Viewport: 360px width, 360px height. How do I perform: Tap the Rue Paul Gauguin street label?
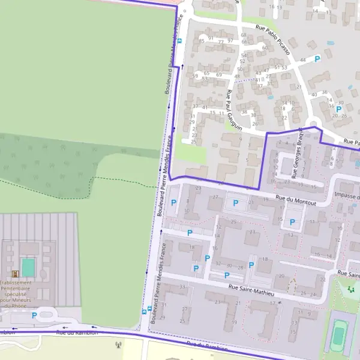tap(233, 110)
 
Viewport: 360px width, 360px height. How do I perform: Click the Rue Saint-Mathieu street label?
tap(251, 290)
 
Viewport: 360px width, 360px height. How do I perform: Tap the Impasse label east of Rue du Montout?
tap(347, 196)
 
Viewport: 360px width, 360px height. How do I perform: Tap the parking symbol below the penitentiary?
tap(34, 315)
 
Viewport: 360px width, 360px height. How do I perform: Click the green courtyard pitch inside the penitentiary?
tap(28, 267)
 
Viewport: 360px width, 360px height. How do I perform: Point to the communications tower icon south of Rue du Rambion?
tap(118, 345)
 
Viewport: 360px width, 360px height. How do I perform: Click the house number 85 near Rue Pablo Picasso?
tap(202, 40)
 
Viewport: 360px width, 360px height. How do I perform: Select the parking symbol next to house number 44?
tap(317, 58)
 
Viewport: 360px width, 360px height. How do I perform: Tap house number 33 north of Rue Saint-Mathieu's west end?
tap(182, 286)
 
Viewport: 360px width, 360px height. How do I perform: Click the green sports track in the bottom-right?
tap(339, 334)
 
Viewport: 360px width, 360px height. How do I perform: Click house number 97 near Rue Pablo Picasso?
tap(230, 40)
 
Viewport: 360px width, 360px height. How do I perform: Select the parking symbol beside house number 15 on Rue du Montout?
tap(293, 222)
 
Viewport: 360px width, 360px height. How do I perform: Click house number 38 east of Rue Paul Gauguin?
tap(244, 112)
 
